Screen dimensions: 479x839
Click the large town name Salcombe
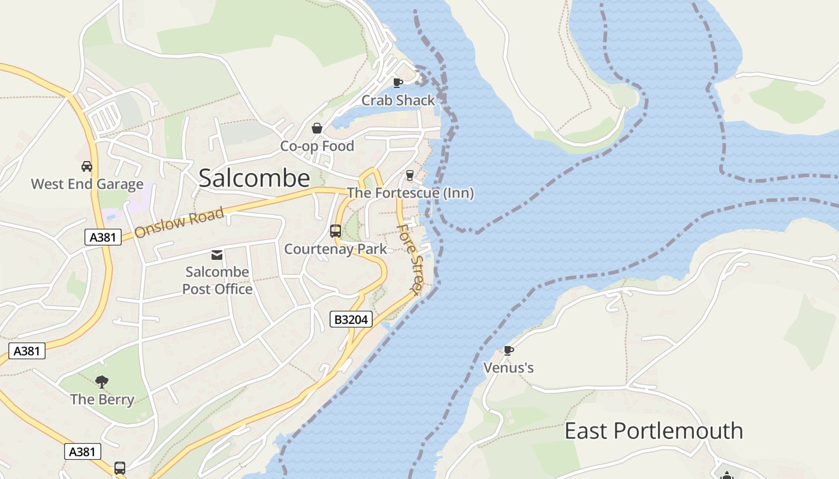(x=254, y=178)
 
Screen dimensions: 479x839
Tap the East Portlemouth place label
(x=653, y=431)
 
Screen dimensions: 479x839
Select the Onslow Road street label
(x=179, y=222)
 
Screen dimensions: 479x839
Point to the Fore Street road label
(x=411, y=257)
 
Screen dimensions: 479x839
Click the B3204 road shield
(x=351, y=320)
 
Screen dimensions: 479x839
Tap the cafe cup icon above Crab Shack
(x=397, y=83)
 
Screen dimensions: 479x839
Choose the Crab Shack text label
(x=398, y=100)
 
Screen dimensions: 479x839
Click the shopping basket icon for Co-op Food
(x=317, y=128)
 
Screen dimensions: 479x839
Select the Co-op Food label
(x=317, y=145)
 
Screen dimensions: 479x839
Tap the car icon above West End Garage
(x=87, y=166)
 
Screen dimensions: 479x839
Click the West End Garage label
(x=87, y=184)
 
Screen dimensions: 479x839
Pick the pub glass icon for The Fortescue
(x=410, y=175)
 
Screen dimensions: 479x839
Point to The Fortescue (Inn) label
(x=410, y=193)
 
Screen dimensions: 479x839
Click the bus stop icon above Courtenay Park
(x=336, y=231)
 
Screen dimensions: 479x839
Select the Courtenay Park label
(x=336, y=248)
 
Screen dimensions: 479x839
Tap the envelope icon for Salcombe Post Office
(x=217, y=255)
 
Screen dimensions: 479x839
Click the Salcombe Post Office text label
(x=217, y=280)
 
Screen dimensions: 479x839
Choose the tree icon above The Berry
(x=102, y=381)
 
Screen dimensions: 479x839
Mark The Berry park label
(x=102, y=399)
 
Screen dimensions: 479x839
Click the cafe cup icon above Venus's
(x=508, y=350)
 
